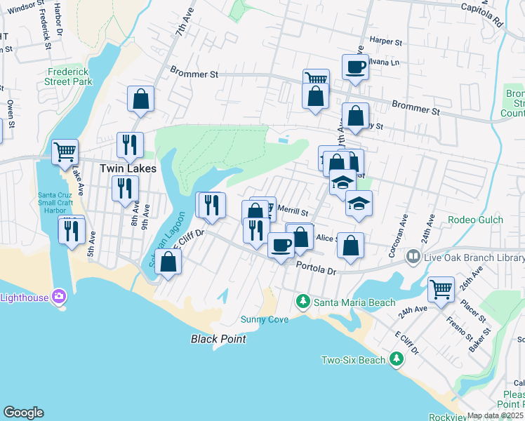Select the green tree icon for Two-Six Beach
coord(397,360)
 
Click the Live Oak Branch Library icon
coord(414,258)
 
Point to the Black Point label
coord(219,339)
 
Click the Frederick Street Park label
coord(70,76)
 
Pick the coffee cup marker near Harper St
coord(355,67)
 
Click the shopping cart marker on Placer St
coord(441,288)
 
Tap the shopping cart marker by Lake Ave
coord(65,150)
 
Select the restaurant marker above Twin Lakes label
coord(130,145)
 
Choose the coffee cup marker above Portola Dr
coord(281,245)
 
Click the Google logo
coord(23,413)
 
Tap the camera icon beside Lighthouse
coord(59,297)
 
